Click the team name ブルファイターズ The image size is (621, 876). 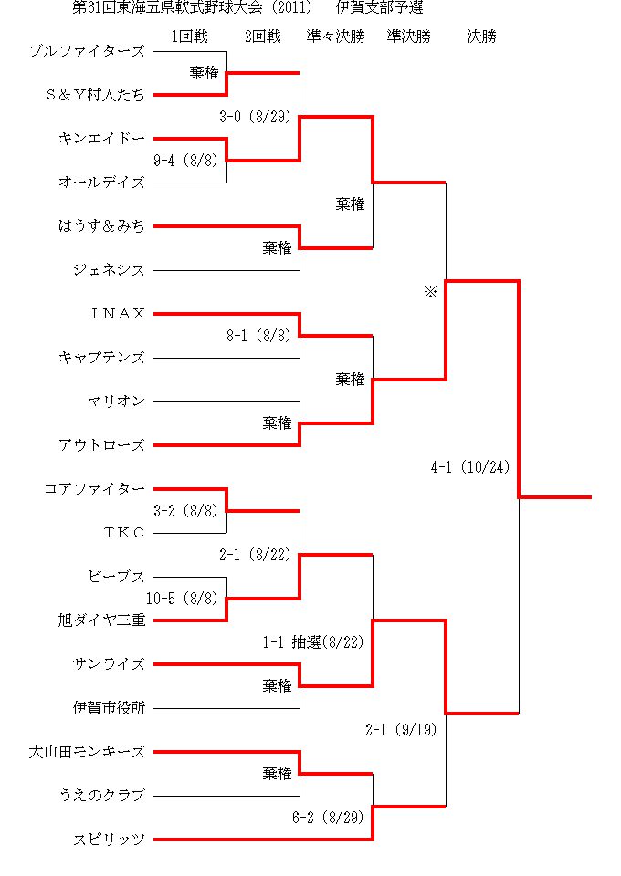coord(87,51)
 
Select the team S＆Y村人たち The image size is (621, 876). coord(95,95)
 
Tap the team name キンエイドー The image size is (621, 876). coord(101,139)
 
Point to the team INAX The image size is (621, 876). coord(118,313)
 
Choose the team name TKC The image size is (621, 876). coord(124,532)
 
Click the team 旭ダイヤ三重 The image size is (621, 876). coord(101,620)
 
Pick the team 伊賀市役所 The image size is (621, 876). coord(109,708)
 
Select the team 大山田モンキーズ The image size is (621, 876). coord(87,752)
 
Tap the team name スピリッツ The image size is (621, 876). coord(109,839)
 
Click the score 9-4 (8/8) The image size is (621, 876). coord(185,161)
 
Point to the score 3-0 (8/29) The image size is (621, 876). coord(255,117)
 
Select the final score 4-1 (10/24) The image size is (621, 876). coord(470,467)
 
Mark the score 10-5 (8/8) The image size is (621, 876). coord(182,599)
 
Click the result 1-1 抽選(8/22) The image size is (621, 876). coord(313,642)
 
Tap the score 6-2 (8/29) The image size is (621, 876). coord(328,818)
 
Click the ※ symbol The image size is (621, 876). coord(430,292)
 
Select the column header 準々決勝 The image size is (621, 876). coord(335,36)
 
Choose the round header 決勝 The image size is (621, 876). coord(482,36)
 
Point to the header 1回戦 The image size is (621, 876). coord(189,36)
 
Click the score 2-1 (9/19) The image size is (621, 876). coord(401,730)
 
